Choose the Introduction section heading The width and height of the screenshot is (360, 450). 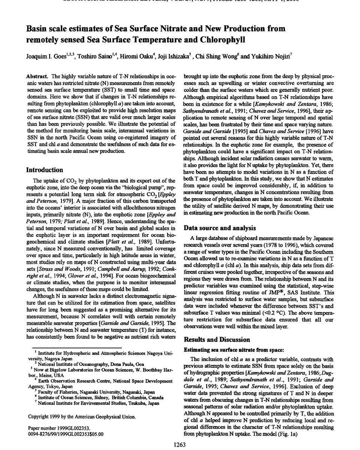[44, 170]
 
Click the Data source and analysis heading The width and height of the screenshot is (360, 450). [220, 228]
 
